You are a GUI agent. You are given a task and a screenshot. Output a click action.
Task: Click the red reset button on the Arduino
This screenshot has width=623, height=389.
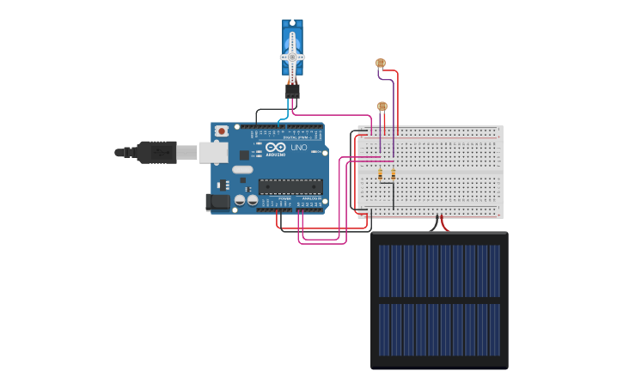coord(222,131)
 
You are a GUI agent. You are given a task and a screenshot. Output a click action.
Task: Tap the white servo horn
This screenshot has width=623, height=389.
coord(292,58)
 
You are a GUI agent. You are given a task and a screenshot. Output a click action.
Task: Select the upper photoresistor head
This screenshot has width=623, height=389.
coord(380,63)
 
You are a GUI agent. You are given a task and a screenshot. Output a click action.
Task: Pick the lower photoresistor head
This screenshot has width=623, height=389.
coord(382,106)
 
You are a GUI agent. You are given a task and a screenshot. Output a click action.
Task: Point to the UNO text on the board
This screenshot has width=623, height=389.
coord(299,148)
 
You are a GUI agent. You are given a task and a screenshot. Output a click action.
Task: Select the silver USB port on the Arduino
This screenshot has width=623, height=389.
coord(212,152)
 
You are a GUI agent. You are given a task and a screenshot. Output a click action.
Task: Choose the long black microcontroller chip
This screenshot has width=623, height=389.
coord(290,185)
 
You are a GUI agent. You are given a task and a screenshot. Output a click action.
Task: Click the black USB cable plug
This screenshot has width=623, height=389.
coord(159,152)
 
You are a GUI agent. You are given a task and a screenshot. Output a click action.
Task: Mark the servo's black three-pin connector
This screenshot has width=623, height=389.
coord(292,91)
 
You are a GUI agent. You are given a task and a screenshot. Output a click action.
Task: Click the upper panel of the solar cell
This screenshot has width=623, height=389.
coord(439,270)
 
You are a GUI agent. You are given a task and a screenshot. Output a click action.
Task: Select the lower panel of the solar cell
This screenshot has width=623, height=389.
coord(439,330)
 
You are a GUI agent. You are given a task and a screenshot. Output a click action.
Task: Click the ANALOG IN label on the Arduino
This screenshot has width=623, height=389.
coord(311,198)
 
